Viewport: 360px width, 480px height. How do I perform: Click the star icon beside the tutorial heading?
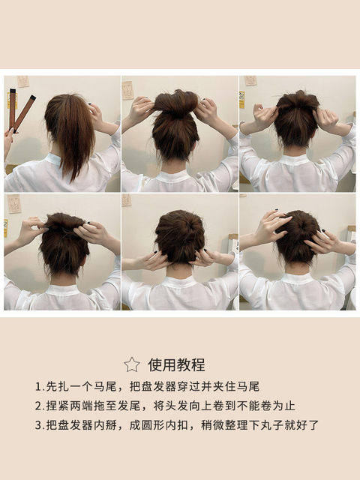(132, 364)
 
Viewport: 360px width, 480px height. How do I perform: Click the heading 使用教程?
(177, 364)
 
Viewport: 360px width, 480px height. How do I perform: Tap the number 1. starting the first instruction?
(40, 387)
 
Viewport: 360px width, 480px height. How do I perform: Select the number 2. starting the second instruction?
(40, 406)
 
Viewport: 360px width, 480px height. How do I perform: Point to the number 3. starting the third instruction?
(40, 425)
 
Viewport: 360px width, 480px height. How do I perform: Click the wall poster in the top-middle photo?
(127, 90)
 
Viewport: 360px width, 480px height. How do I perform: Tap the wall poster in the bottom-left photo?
(14, 203)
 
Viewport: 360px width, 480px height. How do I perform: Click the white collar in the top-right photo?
(295, 160)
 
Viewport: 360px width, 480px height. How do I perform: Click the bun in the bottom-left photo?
(64, 243)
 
